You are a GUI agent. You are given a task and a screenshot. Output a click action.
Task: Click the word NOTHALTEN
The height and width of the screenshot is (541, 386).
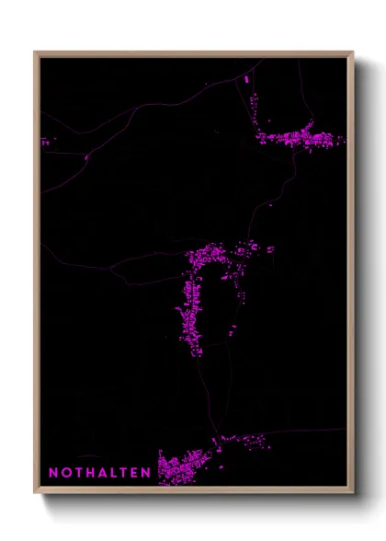[99, 473]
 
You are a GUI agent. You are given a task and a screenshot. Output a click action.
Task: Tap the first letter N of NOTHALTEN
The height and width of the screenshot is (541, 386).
[53, 473]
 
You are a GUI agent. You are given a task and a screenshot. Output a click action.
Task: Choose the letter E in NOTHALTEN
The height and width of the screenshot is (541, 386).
[134, 473]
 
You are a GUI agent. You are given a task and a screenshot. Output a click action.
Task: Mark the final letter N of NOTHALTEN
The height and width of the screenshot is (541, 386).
[146, 473]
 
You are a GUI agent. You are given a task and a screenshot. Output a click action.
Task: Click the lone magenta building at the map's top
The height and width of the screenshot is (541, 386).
[246, 80]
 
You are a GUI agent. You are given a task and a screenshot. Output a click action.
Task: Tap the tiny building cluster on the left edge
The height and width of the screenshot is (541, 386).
[45, 142]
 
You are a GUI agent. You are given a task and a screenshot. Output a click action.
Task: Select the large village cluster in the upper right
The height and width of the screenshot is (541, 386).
[299, 139]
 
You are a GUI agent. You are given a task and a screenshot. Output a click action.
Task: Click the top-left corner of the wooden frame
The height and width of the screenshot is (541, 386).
[36, 53]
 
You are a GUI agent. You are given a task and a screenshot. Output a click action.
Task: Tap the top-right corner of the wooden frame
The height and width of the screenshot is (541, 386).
[352, 53]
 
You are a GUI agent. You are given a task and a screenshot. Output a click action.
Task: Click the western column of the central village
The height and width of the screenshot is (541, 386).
[192, 313]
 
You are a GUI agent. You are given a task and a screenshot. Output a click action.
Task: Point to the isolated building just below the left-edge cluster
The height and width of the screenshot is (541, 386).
[86, 158]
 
